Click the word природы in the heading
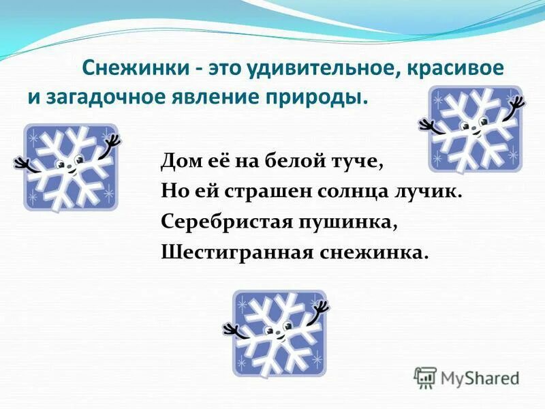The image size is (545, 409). point(319,97)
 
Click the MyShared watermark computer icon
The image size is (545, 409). point(425,377)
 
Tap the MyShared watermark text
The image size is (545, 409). point(480,377)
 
